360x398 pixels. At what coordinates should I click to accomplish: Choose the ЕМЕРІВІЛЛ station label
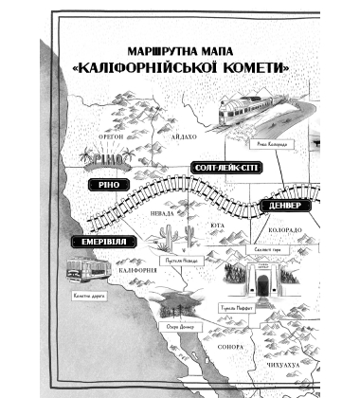point(104,244)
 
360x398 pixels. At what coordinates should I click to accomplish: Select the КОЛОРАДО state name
point(283,230)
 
